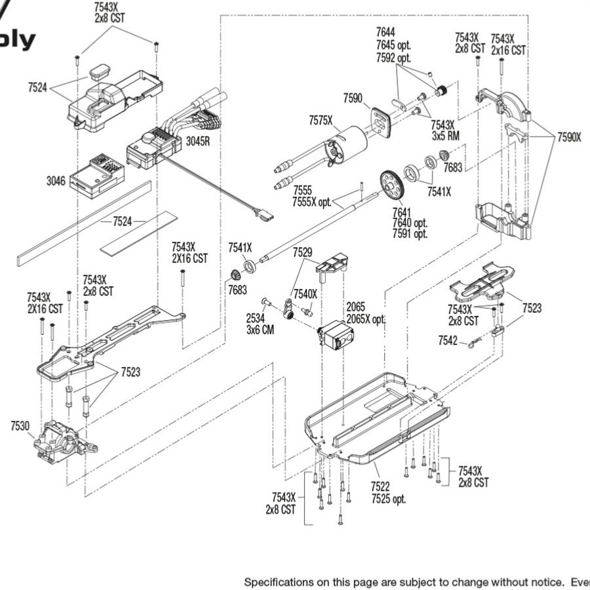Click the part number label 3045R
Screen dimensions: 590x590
pyautogui.click(x=197, y=140)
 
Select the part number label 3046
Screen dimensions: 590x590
pyautogui.click(x=55, y=180)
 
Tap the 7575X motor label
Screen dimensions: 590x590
pyautogui.click(x=321, y=120)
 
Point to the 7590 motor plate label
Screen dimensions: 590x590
pyautogui.click(x=352, y=98)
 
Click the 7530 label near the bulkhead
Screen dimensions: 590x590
pyautogui.click(x=20, y=426)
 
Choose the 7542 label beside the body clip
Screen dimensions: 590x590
pyautogui.click(x=448, y=340)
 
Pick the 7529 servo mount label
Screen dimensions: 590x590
pyautogui.click(x=302, y=252)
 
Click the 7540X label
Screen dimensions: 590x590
pyautogui.click(x=305, y=294)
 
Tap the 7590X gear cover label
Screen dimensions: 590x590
pyautogui.click(x=569, y=138)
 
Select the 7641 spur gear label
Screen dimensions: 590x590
pyautogui.click(x=402, y=212)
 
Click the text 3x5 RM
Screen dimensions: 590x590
pyautogui.click(x=445, y=136)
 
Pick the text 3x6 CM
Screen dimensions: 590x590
pyautogui.click(x=260, y=330)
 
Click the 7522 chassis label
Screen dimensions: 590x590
pyautogui.click(x=380, y=486)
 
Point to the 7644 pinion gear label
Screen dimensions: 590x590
pyautogui.click(x=385, y=32)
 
